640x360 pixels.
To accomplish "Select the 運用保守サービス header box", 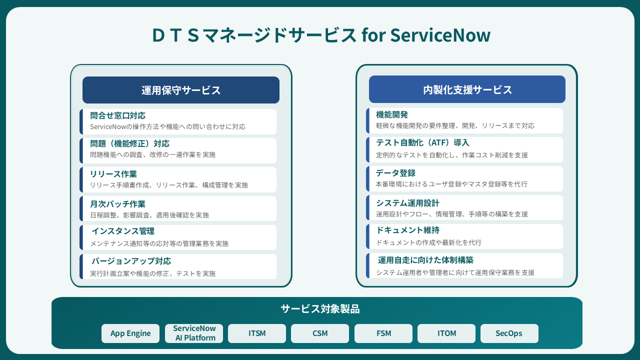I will coord(180,90).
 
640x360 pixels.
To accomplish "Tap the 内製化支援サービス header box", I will coord(467,89).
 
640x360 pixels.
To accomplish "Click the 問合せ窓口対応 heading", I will coord(117,115).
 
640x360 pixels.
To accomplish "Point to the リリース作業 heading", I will coord(113,174).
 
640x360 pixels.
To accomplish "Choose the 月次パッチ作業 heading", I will coord(117,204).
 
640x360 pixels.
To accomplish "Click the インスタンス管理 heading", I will coord(122,231).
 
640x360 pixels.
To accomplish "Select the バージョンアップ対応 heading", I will coord(131,261).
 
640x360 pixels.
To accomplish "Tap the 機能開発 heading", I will coord(392,114).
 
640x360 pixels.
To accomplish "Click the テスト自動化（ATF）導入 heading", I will coord(422,143).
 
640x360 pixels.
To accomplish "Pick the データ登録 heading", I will coord(395,173).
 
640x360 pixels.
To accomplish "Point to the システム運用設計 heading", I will coord(407,203).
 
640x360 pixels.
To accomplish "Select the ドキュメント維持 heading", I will coord(407,230).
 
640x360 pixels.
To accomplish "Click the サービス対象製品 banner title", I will coord(320,309).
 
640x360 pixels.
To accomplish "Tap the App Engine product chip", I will coord(130,333).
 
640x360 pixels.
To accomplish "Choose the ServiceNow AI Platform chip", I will coord(194,333).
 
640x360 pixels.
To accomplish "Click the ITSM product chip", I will coord(257,333).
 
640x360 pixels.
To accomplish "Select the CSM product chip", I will coord(320,333).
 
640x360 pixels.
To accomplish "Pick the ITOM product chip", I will coord(446,333).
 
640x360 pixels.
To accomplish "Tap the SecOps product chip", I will coord(509,333).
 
